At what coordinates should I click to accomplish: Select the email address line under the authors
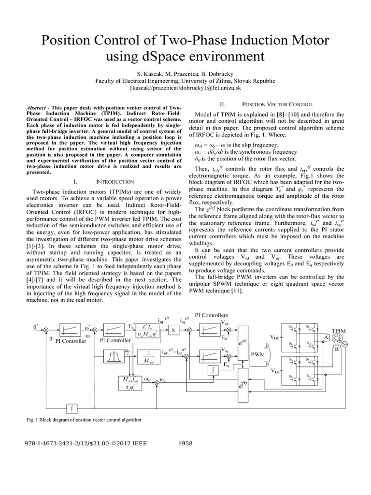pos(185,88)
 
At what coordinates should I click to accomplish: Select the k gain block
pos(173,329)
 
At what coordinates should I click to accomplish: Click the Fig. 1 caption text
pos(84,420)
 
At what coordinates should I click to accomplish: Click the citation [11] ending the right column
pos(238,291)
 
